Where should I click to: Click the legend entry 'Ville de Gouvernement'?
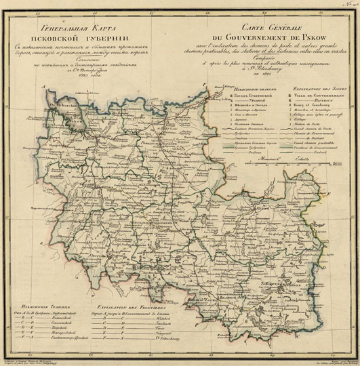(x=324, y=96)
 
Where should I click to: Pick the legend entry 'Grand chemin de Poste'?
(x=321, y=131)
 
